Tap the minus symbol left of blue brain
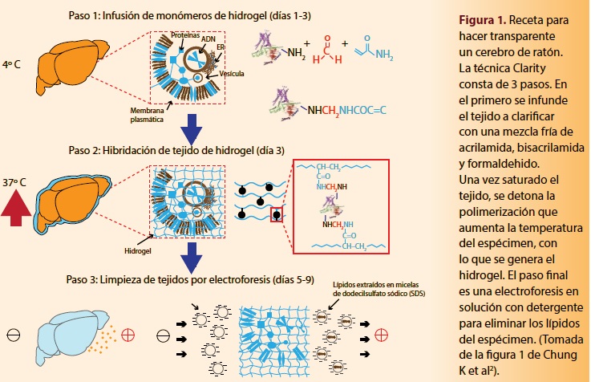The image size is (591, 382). pos(13,334)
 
